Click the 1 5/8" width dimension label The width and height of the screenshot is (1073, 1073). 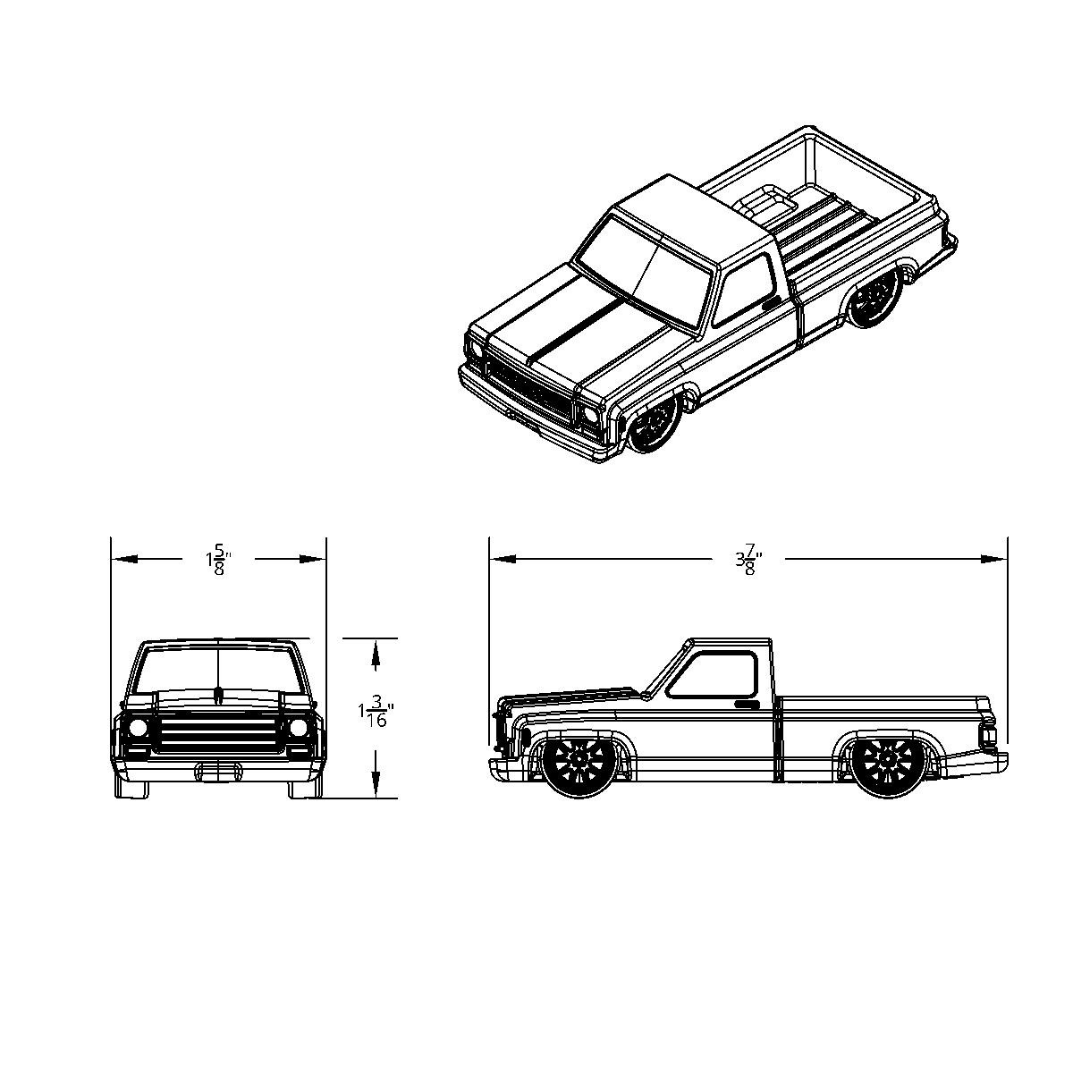click(217, 561)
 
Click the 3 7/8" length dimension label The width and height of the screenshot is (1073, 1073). click(748, 561)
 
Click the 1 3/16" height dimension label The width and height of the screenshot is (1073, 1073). click(376, 714)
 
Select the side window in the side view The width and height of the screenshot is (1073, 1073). click(714, 675)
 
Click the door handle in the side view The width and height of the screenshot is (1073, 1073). click(747, 705)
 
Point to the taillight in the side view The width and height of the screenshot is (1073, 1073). click(989, 736)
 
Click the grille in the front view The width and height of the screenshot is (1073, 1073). click(218, 731)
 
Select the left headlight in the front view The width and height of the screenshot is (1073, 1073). click(138, 728)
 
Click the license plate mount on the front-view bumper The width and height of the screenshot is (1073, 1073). click(218, 771)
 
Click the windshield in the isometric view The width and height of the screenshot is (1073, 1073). click(642, 268)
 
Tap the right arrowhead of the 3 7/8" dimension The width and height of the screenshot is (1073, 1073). click(994, 559)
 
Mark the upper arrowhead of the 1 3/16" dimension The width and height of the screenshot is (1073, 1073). click(376, 656)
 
